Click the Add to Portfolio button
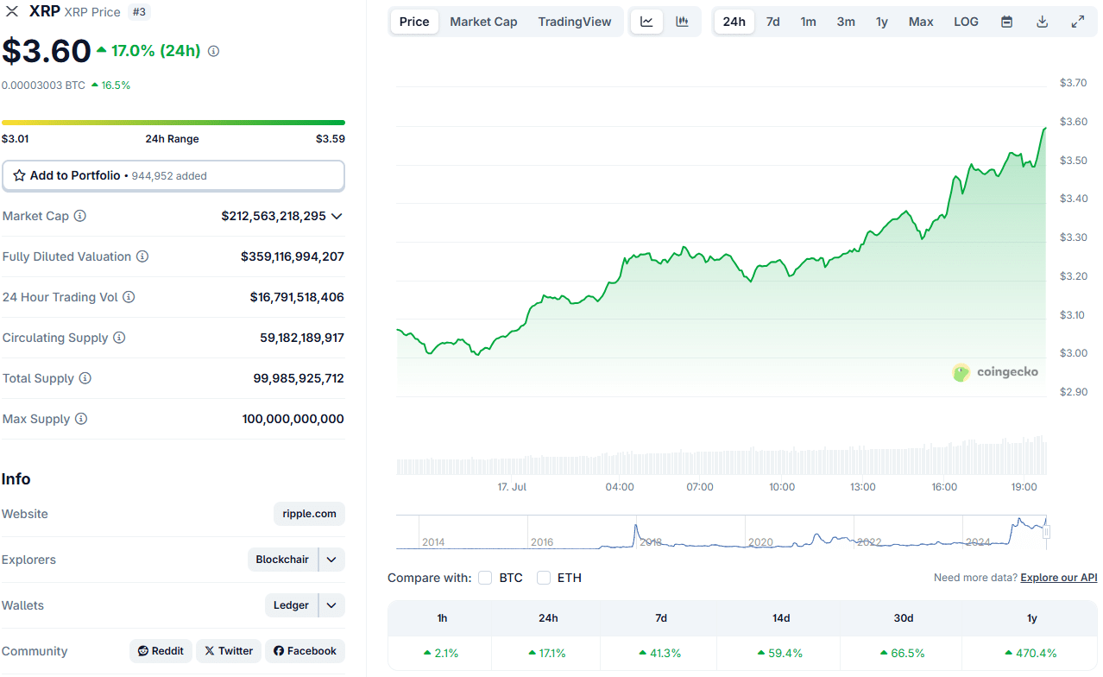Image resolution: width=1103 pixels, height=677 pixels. pos(173,175)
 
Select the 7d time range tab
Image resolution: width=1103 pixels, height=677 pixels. pos(772,22)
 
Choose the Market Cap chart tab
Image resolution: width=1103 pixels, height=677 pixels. pos(483,22)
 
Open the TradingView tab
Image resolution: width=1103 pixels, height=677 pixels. pos(574,22)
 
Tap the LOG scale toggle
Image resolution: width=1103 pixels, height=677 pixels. pos(966,22)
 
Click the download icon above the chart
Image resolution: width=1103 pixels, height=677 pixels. pos(1042,22)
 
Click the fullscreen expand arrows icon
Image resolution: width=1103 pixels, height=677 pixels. pos(1077,22)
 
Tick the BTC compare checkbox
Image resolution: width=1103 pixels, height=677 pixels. pos(485,578)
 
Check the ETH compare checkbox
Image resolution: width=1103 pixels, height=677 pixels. pos(544,578)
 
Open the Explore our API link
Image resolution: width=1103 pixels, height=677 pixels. pos(1058,578)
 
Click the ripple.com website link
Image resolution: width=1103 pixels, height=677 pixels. pos(309,514)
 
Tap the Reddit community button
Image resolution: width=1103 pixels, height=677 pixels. pos(161,651)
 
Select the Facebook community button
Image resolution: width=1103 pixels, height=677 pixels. pos(305,651)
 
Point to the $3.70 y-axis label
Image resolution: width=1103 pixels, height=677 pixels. pos(1073,83)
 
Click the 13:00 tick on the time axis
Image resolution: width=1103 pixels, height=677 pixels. pos(862,487)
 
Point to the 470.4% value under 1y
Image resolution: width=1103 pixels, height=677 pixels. pos(1031,654)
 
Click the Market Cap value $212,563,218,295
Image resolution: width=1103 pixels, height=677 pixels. pos(274,216)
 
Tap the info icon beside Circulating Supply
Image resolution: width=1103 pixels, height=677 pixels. pos(119,338)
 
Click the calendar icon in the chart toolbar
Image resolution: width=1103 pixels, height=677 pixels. pos(1006,22)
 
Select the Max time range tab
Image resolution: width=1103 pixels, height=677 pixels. pos(920,22)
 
